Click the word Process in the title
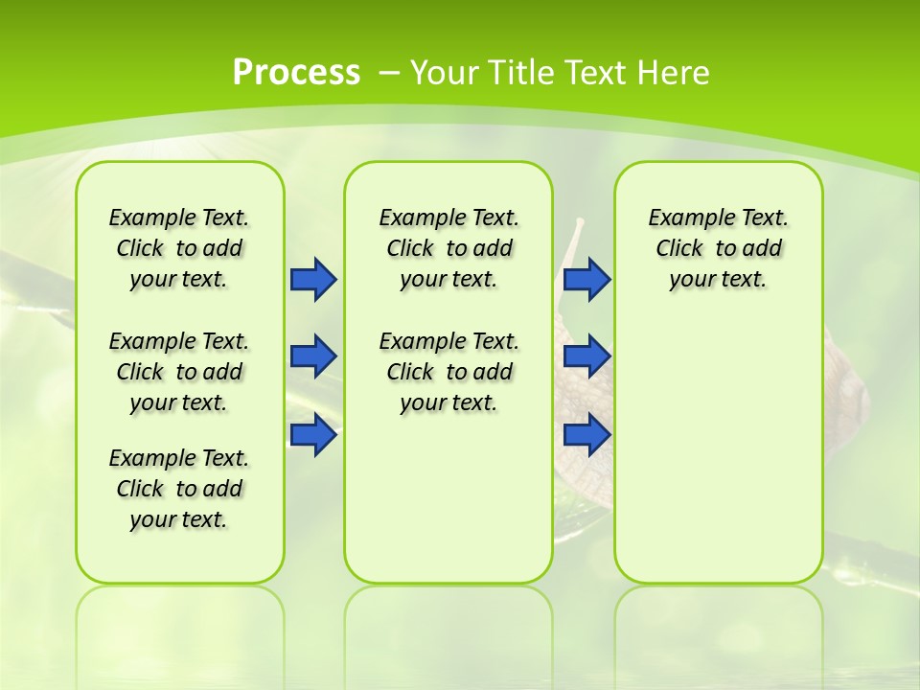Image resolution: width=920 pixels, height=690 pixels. (296, 73)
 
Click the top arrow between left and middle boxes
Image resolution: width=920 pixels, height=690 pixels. (312, 279)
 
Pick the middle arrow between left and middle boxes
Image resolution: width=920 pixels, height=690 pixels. (312, 356)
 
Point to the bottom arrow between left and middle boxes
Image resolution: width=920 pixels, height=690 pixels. (312, 435)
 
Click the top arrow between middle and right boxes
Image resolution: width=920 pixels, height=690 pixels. (586, 279)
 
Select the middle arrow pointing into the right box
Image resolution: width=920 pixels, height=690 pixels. (586, 356)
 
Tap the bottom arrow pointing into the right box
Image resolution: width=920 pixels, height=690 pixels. (586, 435)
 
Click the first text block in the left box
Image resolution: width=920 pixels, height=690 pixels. (179, 248)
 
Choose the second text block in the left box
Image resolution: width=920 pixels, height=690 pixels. (179, 372)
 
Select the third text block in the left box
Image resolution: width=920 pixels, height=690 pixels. (179, 489)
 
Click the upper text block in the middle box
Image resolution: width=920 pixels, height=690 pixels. (448, 248)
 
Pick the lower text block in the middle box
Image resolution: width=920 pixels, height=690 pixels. (448, 372)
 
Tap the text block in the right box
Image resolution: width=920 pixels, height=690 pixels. (718, 248)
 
